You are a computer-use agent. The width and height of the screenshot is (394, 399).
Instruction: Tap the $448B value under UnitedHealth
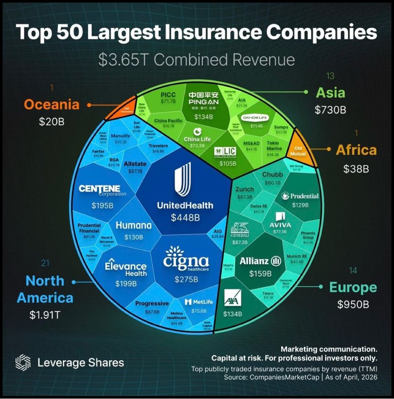[185, 218]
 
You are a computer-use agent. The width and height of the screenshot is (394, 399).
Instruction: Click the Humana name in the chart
[133, 226]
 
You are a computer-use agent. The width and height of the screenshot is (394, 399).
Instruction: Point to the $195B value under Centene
[102, 206]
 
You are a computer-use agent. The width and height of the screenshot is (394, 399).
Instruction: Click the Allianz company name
[254, 261]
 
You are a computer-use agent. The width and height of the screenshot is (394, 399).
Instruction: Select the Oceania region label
[51, 104]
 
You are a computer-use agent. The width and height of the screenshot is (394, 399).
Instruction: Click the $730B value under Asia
[330, 110]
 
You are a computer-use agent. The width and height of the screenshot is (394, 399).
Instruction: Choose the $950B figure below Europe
[353, 304]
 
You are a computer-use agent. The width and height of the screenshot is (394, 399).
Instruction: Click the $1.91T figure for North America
[45, 314]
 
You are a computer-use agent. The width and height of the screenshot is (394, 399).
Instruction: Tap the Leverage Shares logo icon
[23, 362]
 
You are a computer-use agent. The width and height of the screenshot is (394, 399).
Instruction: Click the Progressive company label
[152, 303]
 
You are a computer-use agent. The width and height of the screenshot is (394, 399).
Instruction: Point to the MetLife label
[196, 302]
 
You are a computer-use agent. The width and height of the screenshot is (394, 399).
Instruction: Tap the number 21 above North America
[45, 263]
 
